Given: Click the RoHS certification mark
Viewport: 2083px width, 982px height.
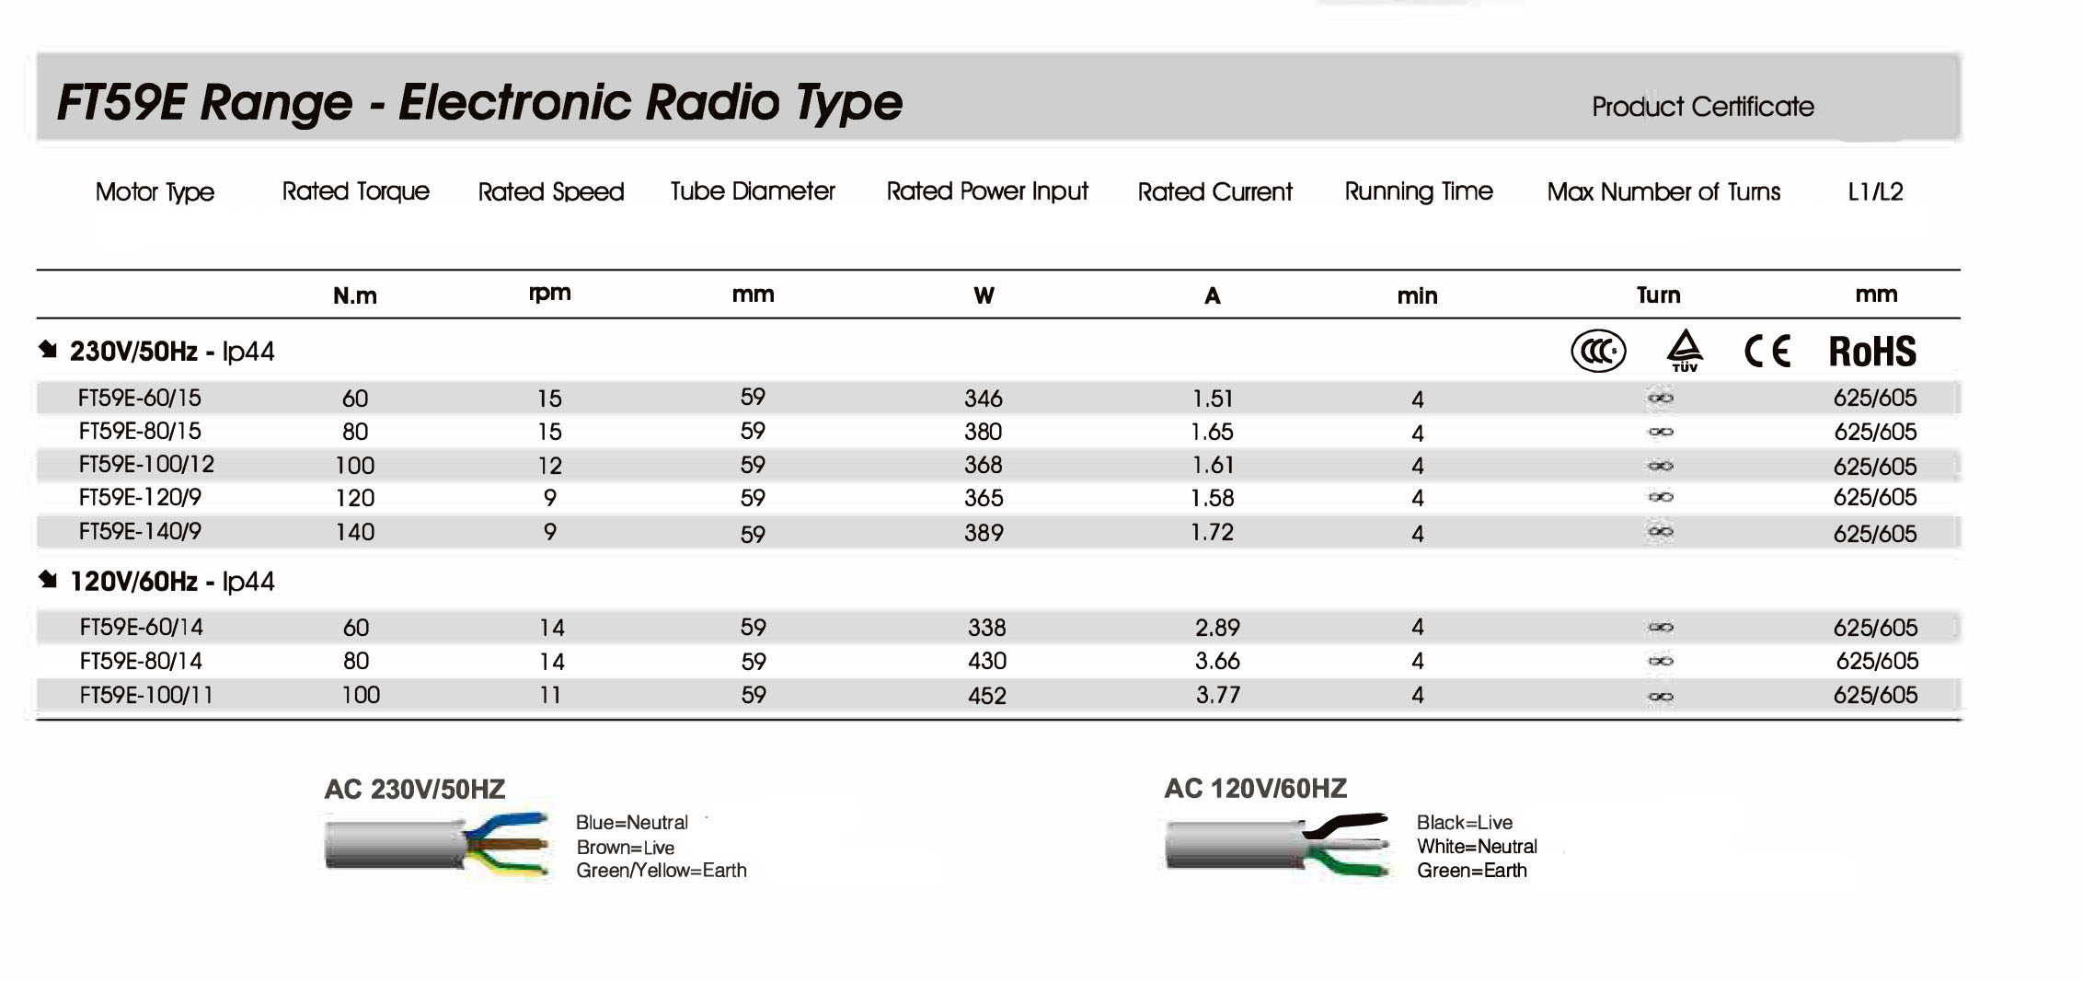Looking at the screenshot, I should tap(1871, 352).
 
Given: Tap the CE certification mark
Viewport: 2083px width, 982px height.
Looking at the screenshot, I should tap(1767, 352).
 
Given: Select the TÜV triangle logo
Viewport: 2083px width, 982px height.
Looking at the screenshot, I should tap(1685, 351).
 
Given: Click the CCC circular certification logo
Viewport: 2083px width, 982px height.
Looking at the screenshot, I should tap(1598, 352).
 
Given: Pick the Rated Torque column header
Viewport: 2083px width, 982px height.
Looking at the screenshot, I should tap(355, 191).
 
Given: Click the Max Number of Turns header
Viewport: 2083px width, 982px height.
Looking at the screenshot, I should tap(1663, 192).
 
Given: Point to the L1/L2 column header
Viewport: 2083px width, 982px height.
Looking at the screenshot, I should tap(1875, 192).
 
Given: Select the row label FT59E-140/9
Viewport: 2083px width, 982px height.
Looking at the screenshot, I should tap(140, 532).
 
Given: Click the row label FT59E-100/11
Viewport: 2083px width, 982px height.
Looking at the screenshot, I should tap(146, 695).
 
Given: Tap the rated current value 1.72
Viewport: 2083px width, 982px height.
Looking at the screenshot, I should tap(1212, 532).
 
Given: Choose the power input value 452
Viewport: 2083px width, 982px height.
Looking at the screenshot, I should tap(986, 696).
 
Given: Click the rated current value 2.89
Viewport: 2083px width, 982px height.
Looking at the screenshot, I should tap(1217, 628).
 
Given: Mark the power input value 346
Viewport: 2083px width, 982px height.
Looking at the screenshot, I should tap(983, 399).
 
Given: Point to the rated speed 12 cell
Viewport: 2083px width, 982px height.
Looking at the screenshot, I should tap(549, 466).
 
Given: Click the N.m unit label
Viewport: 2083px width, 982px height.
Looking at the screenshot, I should tap(355, 295).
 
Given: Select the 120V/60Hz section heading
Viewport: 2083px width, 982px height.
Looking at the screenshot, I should tap(171, 582).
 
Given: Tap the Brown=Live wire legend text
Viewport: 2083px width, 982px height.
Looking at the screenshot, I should tap(626, 848).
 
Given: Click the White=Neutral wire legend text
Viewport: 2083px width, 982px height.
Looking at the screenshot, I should tap(1477, 847).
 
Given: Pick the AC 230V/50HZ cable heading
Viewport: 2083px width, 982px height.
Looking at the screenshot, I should tap(414, 790).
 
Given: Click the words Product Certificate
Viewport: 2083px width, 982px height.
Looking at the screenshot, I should tap(1702, 107).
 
